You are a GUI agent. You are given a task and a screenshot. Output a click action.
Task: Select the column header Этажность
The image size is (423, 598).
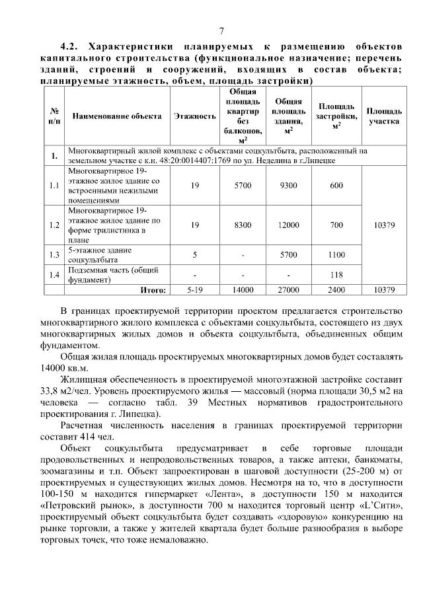195,116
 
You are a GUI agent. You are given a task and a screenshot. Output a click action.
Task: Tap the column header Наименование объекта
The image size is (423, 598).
117,116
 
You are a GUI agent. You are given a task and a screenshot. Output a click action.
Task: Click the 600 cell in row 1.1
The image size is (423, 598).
336,186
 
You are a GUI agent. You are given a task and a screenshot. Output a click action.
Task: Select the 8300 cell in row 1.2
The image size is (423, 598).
243,225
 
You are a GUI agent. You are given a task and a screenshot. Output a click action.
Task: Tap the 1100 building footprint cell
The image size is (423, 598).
336,254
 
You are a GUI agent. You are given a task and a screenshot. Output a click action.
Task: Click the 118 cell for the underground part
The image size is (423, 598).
336,275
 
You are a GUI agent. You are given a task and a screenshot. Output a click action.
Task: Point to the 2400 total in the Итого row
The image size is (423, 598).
336,289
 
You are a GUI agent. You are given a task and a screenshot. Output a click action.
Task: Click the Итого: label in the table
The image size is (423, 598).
153,289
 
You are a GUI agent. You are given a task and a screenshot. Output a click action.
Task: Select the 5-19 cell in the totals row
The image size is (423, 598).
195,289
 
